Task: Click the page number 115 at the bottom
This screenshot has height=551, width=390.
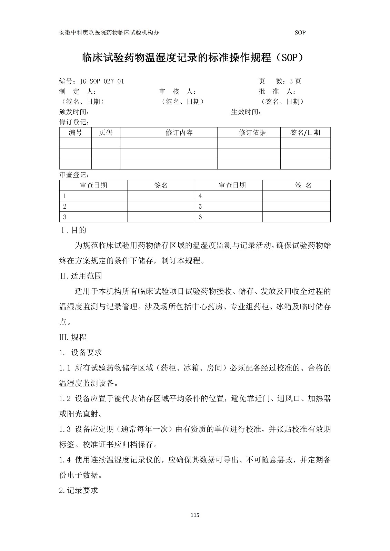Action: pyautogui.click(x=195, y=516)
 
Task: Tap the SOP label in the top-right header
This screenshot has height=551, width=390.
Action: pyautogui.click(x=300, y=33)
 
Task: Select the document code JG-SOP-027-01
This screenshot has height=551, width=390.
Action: pyautogui.click(x=102, y=82)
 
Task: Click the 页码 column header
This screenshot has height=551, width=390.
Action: pyautogui.click(x=106, y=133)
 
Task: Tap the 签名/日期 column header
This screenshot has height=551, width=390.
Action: pyautogui.click(x=305, y=133)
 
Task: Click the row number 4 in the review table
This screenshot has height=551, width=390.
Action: pyautogui.click(x=200, y=196)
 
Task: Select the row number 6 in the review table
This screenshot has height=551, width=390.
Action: pyautogui.click(x=200, y=217)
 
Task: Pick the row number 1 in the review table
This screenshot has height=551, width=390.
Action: pyautogui.click(x=64, y=196)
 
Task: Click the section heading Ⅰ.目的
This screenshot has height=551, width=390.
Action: pyautogui.click(x=73, y=230)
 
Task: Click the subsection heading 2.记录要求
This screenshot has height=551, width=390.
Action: pyautogui.click(x=79, y=490)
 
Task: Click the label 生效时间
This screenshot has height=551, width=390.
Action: pyautogui.click(x=246, y=112)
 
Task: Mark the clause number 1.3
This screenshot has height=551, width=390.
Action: pyautogui.click(x=65, y=429)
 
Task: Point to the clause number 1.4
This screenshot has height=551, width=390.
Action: pyautogui.click(x=65, y=460)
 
